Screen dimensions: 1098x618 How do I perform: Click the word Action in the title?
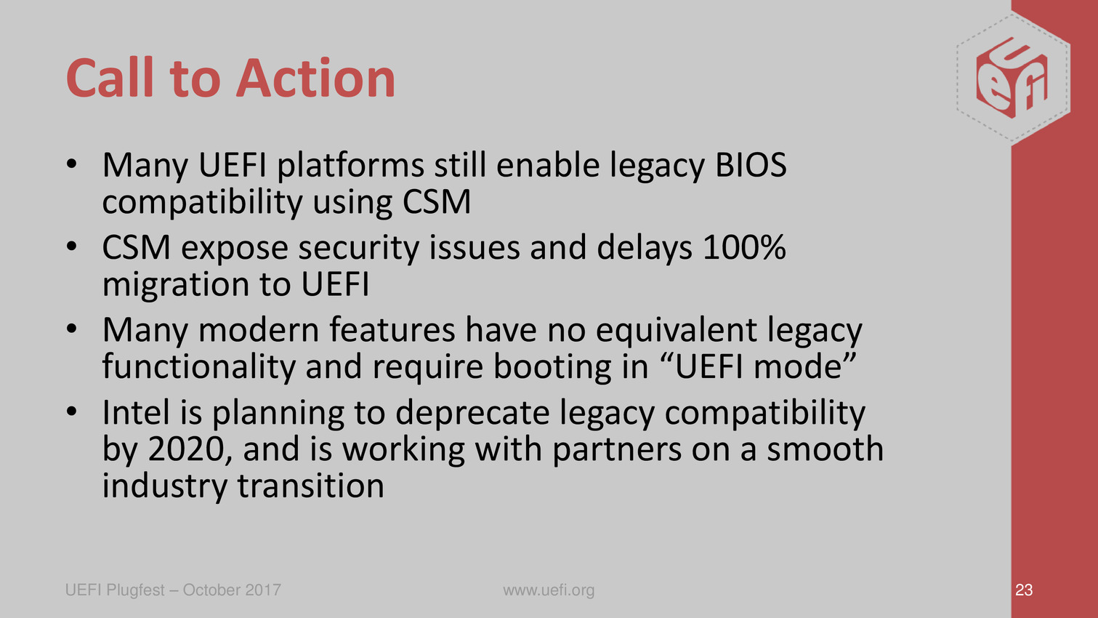[315, 79]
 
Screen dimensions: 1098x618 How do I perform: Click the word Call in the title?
[110, 78]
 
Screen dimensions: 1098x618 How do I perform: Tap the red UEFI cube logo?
[1012, 78]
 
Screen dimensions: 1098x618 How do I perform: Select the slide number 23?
[1024, 590]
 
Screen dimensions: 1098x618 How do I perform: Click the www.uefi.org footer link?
[549, 590]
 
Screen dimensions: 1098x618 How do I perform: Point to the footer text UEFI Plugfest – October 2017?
[173, 590]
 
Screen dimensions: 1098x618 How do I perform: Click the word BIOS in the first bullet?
[751, 165]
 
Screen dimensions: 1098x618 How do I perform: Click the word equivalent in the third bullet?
[677, 331]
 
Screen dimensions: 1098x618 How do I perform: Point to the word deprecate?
[472, 413]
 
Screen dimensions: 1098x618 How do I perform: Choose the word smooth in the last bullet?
[825, 449]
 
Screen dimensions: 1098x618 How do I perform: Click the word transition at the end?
[311, 486]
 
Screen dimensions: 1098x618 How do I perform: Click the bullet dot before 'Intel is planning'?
[72, 411]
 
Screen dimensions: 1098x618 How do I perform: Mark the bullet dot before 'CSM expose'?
[72, 246]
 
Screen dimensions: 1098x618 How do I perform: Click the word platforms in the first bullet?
[350, 166]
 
